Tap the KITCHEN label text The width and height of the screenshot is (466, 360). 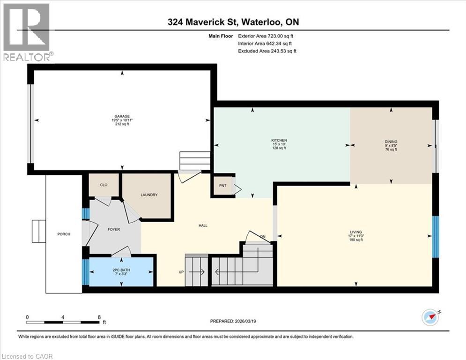click(279, 141)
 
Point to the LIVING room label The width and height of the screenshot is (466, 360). click(356, 232)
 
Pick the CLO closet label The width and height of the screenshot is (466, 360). click(104, 185)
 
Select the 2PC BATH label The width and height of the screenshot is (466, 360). click(120, 270)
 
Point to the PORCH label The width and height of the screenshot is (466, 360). click(63, 234)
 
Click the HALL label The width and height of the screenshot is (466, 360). click(203, 225)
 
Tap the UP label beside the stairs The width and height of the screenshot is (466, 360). click(180, 272)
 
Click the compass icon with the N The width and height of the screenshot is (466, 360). click(430, 317)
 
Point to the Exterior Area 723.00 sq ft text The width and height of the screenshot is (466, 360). click(266, 36)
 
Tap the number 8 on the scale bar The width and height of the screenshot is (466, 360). click(99, 317)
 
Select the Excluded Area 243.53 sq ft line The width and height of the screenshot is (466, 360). click(267, 51)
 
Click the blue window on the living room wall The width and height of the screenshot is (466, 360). click(436, 237)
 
